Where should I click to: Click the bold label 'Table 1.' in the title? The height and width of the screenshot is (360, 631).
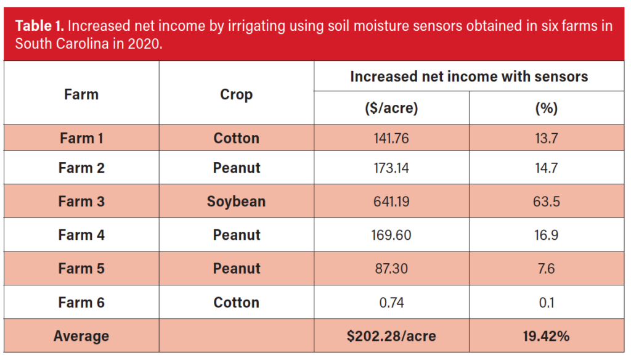(39, 26)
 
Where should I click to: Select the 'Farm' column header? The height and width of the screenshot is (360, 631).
(81, 95)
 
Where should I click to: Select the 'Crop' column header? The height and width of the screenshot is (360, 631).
(237, 95)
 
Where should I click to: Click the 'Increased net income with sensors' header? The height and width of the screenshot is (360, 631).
(469, 76)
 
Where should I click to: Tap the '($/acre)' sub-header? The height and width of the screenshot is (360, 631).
(391, 108)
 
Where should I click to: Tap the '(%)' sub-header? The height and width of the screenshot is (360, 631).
(547, 108)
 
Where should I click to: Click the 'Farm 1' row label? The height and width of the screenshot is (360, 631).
(81, 138)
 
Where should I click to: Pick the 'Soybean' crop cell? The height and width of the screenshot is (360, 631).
(237, 202)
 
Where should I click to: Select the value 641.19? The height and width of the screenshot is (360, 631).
(391, 202)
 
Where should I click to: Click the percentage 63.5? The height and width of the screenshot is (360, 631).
(547, 202)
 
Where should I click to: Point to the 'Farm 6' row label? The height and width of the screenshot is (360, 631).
(81, 303)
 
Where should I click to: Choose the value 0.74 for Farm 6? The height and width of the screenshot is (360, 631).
(391, 303)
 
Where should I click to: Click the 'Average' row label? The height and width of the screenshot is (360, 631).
(81, 337)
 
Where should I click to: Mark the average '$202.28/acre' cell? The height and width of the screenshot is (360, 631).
(391, 337)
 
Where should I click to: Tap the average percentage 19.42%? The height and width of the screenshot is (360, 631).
(547, 337)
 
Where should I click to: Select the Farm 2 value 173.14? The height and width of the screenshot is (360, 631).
(391, 168)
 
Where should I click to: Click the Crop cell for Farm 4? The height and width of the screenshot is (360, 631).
(237, 235)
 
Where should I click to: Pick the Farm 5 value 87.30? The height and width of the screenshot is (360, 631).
(391, 269)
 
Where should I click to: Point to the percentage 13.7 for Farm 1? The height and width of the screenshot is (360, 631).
(547, 138)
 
